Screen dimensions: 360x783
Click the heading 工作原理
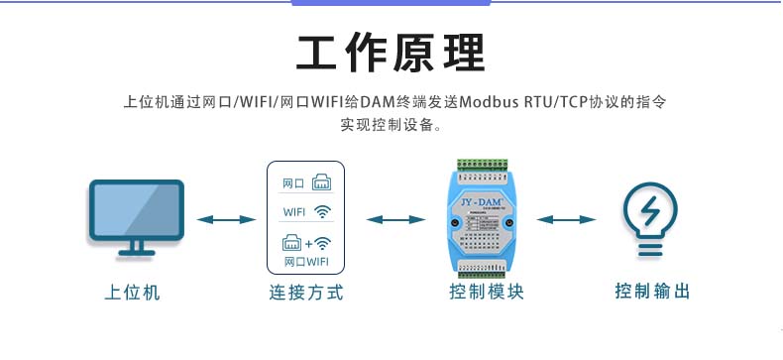(x=391, y=53)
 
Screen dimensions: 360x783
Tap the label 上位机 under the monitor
(x=132, y=293)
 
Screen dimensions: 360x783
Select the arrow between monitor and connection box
(x=226, y=219)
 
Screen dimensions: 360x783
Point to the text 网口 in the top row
(x=293, y=183)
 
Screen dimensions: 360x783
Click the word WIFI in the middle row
(x=294, y=212)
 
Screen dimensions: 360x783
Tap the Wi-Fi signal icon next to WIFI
(x=323, y=211)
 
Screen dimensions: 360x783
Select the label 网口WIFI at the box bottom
(x=305, y=263)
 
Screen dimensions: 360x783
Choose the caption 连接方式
(x=305, y=293)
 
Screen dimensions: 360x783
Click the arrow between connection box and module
(x=396, y=219)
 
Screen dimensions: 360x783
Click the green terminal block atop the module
(x=484, y=164)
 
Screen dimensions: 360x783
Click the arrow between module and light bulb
(x=567, y=219)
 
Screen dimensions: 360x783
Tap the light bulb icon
(x=650, y=219)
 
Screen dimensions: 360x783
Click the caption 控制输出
(x=651, y=293)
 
